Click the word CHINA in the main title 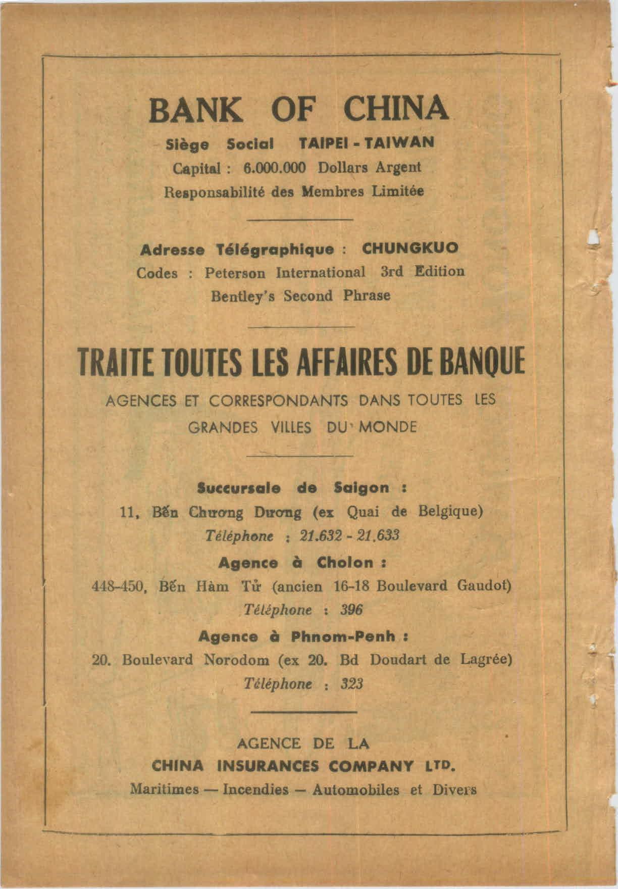395,109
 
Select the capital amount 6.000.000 274,168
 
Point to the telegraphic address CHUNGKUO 410,248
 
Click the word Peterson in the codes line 235,273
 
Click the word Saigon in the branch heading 362,488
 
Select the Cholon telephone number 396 351,610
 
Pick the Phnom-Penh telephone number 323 352,684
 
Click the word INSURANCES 268,766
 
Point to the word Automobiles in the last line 355,789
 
